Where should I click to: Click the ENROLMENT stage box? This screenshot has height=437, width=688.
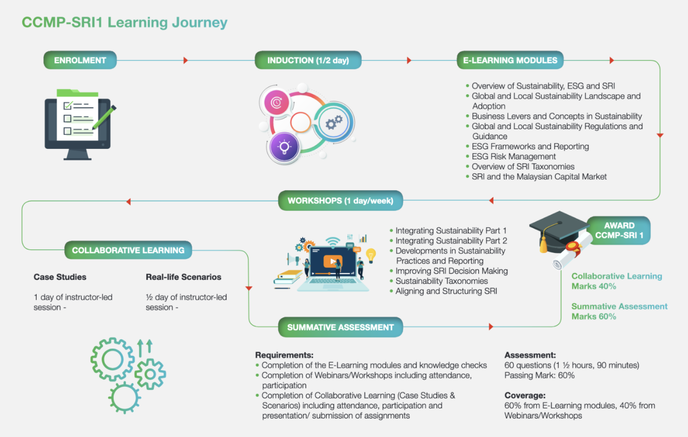coord(80,60)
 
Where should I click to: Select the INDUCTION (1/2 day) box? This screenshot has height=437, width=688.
coord(308,60)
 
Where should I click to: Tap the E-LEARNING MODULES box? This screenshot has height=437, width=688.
coord(510,60)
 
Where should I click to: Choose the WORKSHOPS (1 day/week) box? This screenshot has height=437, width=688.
coord(340,201)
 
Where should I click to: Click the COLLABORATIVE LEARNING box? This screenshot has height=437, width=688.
coord(128,250)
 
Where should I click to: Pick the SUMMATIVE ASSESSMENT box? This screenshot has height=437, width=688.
coord(340,327)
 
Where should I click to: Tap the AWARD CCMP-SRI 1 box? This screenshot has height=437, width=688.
coord(619,230)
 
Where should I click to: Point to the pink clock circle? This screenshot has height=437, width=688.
coord(276,102)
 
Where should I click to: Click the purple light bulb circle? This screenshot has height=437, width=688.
coord(284,147)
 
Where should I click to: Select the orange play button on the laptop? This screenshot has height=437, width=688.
coord(333,261)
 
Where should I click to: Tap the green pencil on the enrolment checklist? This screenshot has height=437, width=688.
coord(104,117)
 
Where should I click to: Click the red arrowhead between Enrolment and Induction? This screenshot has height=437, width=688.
coord(186,60)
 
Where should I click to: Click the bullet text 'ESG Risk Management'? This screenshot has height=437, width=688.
coord(514,156)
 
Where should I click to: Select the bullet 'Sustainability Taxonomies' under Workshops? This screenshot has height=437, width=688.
coord(442,281)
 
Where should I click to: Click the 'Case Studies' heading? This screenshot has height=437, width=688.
coord(60,277)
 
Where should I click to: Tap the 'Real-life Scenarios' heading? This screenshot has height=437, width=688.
coord(183,277)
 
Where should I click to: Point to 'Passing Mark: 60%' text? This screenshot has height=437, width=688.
coord(540,375)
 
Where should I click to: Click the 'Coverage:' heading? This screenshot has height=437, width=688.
coord(525,395)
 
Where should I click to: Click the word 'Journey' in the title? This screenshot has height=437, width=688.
coord(200,23)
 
